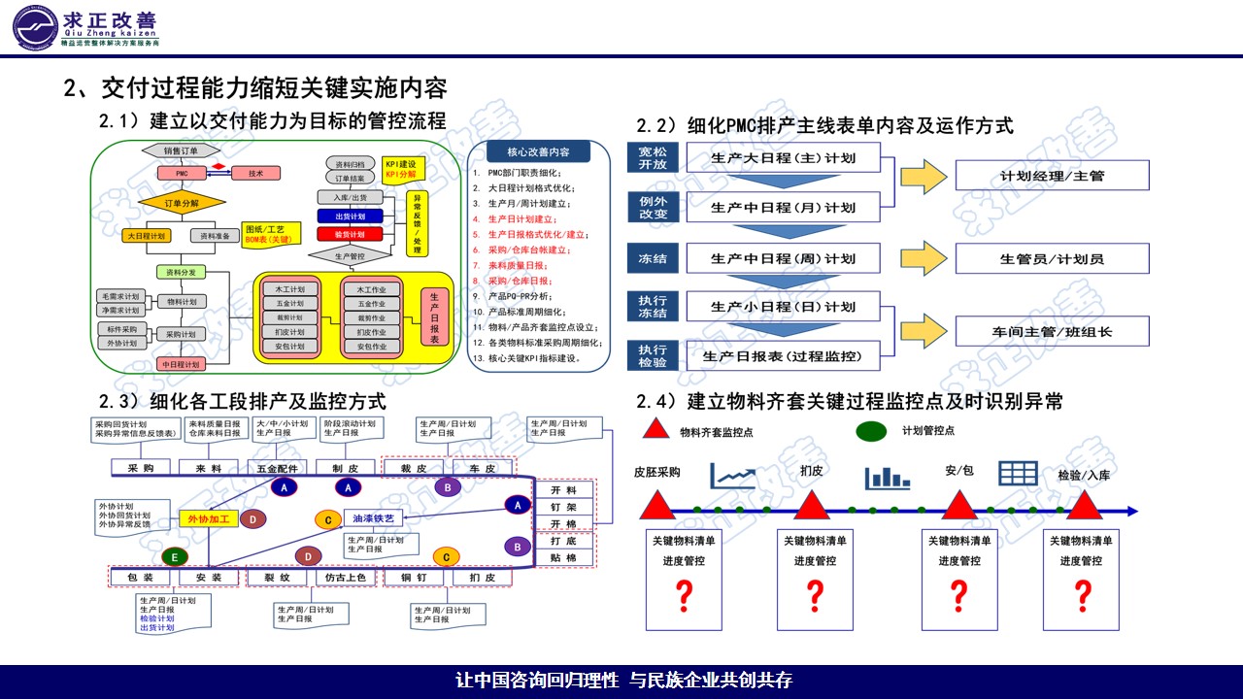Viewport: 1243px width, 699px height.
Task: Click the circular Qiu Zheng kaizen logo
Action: tap(37, 26)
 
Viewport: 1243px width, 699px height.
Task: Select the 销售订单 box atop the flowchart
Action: tap(181, 150)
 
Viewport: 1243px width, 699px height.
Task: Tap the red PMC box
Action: tap(181, 173)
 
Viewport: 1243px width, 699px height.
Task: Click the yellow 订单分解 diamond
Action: tap(181, 203)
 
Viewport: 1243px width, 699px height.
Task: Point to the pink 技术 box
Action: tap(255, 173)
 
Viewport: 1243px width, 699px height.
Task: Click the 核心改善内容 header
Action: tap(538, 152)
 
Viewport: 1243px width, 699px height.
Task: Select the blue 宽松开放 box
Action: tap(653, 158)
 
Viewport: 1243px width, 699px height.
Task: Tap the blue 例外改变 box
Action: tap(653, 207)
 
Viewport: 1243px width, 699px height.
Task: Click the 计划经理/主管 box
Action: tap(1052, 176)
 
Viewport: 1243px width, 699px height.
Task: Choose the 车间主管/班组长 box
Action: tap(1052, 331)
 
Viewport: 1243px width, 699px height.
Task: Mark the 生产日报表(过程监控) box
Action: tap(783, 355)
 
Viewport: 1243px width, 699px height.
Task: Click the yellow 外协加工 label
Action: tap(208, 519)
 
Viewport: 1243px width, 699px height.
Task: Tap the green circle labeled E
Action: tap(175, 557)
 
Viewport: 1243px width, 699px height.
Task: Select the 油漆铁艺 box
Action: tap(373, 517)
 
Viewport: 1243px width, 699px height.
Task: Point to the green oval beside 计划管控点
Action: tap(871, 430)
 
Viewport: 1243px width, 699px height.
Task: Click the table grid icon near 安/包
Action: tap(1019, 473)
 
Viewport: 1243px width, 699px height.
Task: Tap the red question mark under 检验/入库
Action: tap(1082, 595)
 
